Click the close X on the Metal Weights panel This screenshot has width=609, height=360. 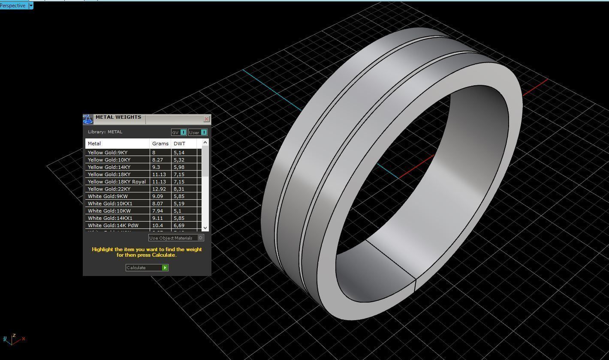[x=206, y=119]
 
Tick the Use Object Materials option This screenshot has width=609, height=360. [x=200, y=238]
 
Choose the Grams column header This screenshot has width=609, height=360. [x=160, y=144]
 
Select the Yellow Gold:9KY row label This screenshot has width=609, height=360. [x=108, y=153]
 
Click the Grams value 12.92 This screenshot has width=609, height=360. [x=158, y=189]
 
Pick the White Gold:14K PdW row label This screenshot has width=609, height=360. [x=113, y=225]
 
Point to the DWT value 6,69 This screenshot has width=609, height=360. [x=179, y=225]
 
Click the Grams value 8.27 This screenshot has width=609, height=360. [x=157, y=160]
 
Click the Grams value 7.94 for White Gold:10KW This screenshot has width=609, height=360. [x=157, y=211]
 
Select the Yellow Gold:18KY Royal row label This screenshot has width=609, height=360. [x=117, y=182]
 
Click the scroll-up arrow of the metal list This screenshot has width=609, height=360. [x=205, y=142]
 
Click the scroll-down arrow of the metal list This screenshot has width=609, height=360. [x=205, y=228]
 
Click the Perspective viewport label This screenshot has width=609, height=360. [x=13, y=6]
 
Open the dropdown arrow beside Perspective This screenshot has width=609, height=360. [x=31, y=6]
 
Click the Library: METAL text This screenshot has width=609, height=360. [x=105, y=132]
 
